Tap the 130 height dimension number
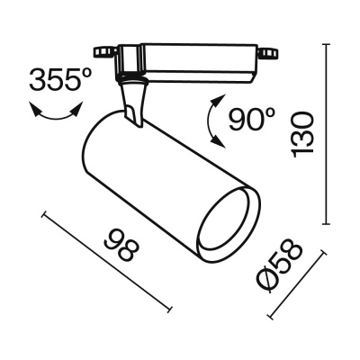pyautogui.click(x=306, y=133)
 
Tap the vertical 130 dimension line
pyautogui.click(x=327, y=135)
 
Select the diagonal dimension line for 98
pyautogui.click(x=106, y=261)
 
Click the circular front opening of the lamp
pyautogui.click(x=225, y=221)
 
